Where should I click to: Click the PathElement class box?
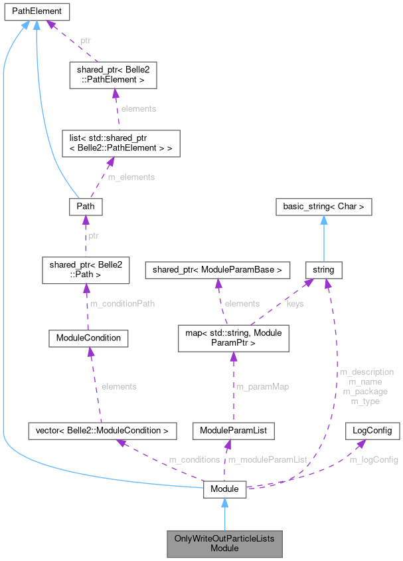coord(35,11)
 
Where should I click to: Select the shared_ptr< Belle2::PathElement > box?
coord(113,76)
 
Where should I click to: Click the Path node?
coord(86,207)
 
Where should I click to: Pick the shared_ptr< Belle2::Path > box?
coord(84,269)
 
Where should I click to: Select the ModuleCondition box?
coord(88,338)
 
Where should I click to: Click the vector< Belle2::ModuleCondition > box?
coord(102,430)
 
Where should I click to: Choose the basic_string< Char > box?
coord(324,207)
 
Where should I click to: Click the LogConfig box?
coord(372,430)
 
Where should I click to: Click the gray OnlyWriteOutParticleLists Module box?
coord(224,543)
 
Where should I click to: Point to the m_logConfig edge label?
coord(374,459)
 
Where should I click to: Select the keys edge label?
coord(295,304)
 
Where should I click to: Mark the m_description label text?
coord(366,372)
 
